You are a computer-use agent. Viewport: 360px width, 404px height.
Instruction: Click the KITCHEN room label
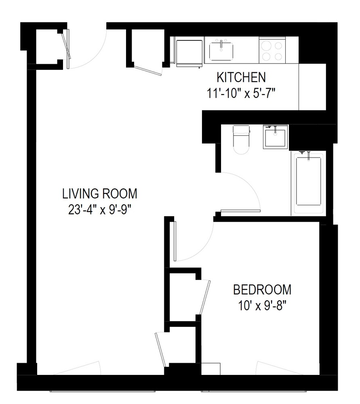(x=241, y=77)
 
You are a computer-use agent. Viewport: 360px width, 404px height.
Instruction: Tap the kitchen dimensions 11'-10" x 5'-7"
(x=241, y=93)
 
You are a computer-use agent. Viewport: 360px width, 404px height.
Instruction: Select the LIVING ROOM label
(x=99, y=194)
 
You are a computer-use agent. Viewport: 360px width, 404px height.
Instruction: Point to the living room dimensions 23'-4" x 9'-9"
(x=99, y=210)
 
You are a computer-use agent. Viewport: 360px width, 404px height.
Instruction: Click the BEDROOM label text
(x=262, y=290)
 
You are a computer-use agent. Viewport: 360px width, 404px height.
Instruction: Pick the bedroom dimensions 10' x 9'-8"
(x=262, y=305)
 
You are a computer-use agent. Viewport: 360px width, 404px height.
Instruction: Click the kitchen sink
(x=221, y=51)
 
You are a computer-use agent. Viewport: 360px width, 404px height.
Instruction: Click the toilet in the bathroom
(x=242, y=139)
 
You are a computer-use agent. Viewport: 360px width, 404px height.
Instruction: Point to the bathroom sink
(x=275, y=137)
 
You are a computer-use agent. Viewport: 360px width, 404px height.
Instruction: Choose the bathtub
(x=309, y=182)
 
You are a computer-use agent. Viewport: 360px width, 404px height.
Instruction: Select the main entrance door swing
(x=87, y=46)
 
